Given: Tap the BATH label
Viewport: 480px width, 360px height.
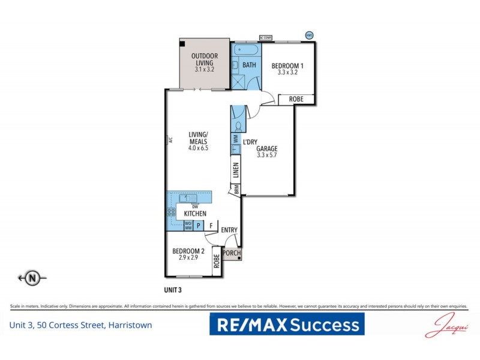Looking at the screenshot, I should (x=250, y=64).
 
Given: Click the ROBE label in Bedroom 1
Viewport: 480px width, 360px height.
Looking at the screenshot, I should (x=295, y=100).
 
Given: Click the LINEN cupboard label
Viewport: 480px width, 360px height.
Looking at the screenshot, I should (x=236, y=172).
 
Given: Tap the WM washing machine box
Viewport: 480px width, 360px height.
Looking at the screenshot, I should (x=236, y=139).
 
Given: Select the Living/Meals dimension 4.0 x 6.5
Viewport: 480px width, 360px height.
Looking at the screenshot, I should (x=198, y=148).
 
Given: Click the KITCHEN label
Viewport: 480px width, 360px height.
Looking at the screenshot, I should (x=195, y=214).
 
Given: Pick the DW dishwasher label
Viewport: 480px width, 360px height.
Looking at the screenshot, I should (x=195, y=206).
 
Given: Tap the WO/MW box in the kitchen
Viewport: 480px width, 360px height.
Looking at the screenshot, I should (x=188, y=226).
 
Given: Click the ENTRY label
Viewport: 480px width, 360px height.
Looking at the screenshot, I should (x=229, y=230).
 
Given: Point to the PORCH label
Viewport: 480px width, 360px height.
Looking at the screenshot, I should (x=232, y=253).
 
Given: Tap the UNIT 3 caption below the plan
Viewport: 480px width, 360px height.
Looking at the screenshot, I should (x=173, y=290).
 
